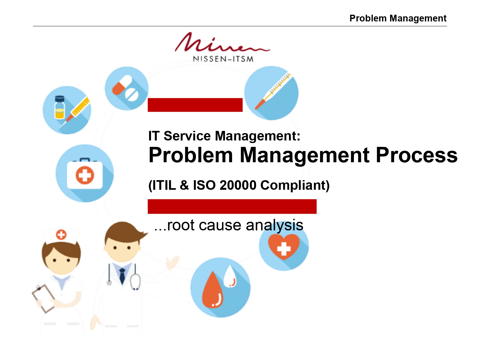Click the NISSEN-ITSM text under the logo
[x=223, y=59]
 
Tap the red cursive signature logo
[x=222, y=42]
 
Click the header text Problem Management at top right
[x=398, y=18]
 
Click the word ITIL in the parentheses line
[x=164, y=185]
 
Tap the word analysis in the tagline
[x=275, y=225]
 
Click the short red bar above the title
[x=195, y=105]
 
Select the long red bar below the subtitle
[x=232, y=206]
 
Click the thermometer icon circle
[x=271, y=93]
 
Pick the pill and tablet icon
[x=127, y=89]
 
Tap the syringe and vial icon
[x=67, y=110]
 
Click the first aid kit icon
[x=84, y=173]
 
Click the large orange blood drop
[x=212, y=290]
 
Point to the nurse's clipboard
[x=43, y=299]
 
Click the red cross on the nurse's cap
[x=61, y=235]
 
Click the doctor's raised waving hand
[x=172, y=262]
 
